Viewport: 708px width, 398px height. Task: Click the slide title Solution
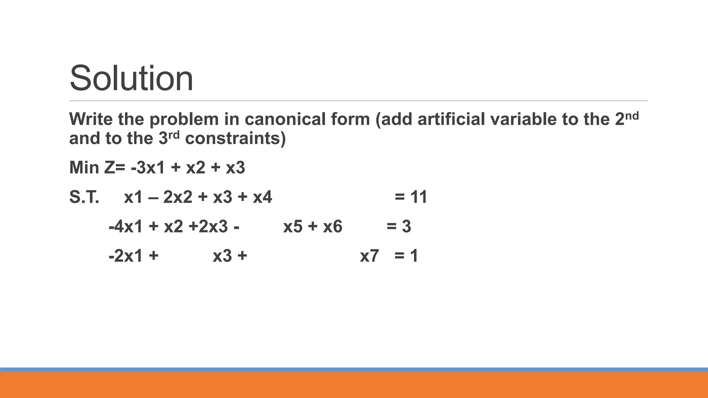click(x=131, y=79)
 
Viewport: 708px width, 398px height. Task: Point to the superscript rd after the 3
click(x=174, y=135)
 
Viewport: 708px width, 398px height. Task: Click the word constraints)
click(x=235, y=139)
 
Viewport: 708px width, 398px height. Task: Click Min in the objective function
click(x=84, y=168)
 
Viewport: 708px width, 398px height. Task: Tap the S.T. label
click(x=84, y=197)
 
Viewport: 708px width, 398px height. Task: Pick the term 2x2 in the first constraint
click(x=177, y=197)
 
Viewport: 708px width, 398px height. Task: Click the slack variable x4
click(x=262, y=197)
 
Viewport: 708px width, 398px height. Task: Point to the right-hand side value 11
click(x=419, y=197)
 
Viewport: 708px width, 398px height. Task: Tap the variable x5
click(x=293, y=227)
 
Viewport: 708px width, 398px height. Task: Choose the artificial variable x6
click(x=333, y=227)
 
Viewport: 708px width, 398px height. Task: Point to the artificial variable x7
click(x=369, y=256)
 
